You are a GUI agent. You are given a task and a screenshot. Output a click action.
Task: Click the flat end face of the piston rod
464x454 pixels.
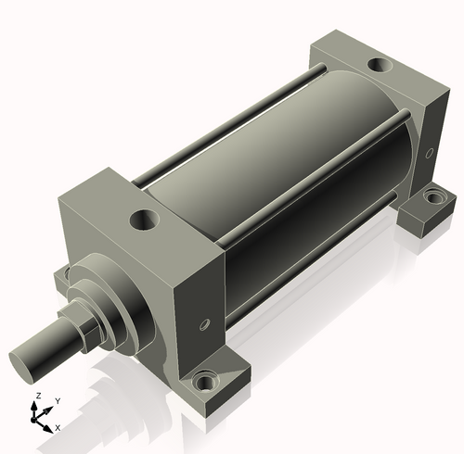click(x=21, y=368)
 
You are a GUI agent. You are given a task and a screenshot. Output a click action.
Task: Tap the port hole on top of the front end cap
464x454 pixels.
click(x=145, y=220)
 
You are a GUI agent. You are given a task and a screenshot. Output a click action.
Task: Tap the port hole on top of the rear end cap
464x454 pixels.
click(x=380, y=65)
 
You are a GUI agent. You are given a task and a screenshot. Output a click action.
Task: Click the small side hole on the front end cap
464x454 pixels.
click(x=204, y=324)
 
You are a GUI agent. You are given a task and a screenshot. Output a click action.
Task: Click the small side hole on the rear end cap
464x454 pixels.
click(x=430, y=153)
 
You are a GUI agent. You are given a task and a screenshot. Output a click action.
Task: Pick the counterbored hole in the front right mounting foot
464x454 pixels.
click(x=204, y=383)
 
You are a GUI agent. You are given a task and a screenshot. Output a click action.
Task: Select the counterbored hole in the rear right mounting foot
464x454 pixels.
click(x=434, y=197)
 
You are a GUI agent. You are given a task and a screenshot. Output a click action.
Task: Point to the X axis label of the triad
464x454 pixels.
click(x=58, y=428)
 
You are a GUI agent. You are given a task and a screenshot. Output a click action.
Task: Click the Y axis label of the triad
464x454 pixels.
click(x=58, y=401)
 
